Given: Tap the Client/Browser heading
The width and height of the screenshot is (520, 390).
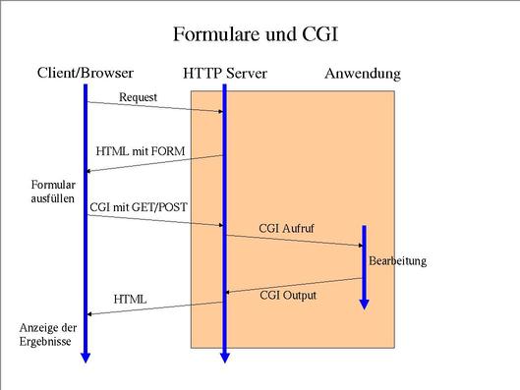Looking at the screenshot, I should [x=86, y=73].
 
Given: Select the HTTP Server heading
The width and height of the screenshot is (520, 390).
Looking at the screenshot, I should [x=224, y=74].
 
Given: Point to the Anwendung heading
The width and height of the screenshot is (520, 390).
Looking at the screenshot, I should [x=362, y=74].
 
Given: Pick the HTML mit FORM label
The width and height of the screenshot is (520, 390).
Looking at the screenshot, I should [x=140, y=151].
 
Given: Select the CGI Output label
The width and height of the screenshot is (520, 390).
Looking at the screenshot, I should [x=289, y=294].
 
